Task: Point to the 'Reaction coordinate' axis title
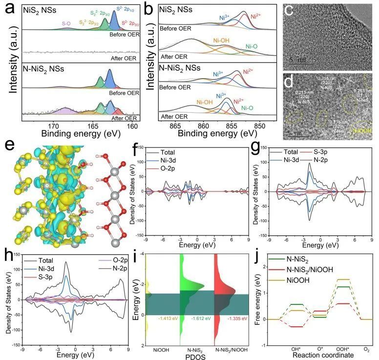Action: coord(321,356)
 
